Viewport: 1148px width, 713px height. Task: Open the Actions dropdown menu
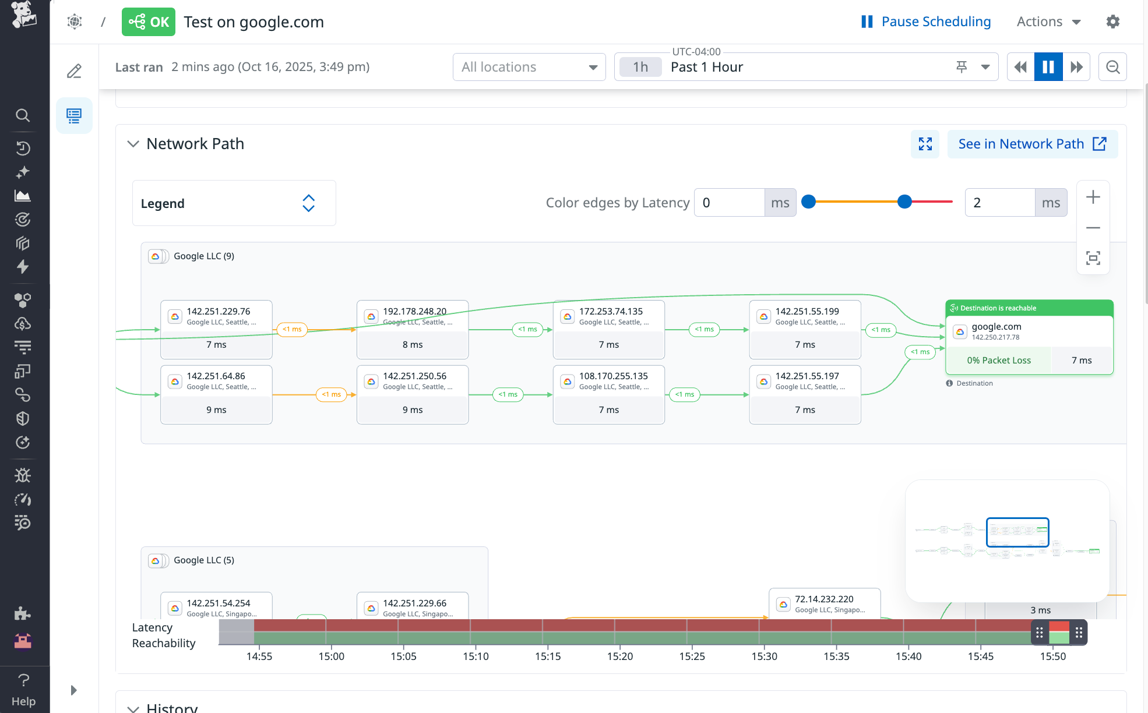1048,22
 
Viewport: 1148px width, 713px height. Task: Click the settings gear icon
1112,22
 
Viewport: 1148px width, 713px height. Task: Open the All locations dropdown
529,67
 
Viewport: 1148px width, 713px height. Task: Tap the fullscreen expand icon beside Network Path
925,144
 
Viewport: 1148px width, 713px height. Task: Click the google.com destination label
996,326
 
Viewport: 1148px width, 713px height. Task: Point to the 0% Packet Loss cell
998,360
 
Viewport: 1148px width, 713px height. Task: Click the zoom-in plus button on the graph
1093,197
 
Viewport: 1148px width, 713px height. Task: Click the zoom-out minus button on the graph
1093,228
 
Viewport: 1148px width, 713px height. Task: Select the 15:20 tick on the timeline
619,656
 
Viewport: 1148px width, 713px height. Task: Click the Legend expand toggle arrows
308,203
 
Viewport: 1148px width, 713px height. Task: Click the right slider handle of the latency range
904,202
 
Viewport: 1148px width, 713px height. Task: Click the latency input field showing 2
999,203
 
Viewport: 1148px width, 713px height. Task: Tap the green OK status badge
148,22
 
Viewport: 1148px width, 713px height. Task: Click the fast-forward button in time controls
1076,67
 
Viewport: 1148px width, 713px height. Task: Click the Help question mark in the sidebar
23,680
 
